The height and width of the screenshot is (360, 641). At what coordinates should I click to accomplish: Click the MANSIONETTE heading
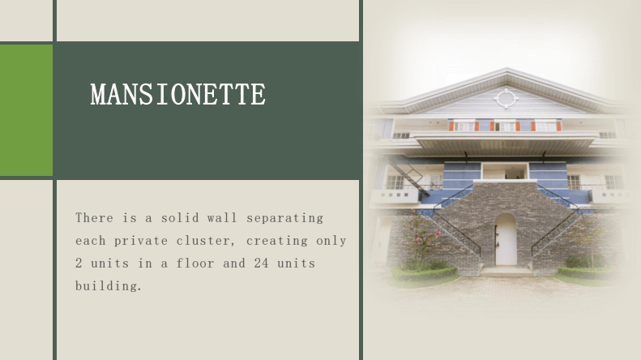(178, 94)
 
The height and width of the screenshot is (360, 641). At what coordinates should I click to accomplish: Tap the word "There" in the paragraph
(94, 217)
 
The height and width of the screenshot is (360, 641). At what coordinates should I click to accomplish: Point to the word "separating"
(285, 218)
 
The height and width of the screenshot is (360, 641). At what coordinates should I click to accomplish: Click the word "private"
(141, 241)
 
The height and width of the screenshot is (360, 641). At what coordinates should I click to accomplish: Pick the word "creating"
(277, 241)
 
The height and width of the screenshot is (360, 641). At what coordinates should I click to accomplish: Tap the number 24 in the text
(261, 263)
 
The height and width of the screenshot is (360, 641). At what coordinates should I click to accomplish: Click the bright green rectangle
(26, 110)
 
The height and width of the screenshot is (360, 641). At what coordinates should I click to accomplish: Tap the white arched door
(506, 239)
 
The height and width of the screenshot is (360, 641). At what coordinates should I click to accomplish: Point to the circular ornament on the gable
(506, 99)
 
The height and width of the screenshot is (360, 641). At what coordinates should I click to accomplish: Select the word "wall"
(222, 217)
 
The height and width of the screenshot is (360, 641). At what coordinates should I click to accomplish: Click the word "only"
(331, 241)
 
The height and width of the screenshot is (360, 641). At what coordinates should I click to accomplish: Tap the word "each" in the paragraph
(90, 241)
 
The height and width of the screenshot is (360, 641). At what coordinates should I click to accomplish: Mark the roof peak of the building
(507, 69)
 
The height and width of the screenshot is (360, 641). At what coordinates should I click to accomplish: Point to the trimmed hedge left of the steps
(424, 272)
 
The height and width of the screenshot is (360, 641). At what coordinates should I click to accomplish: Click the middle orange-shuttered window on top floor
(506, 126)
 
